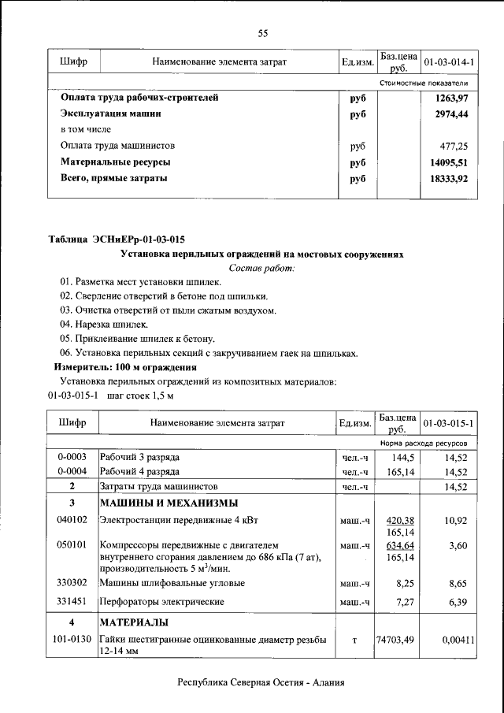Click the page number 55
(x=263, y=32)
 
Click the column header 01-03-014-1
(x=448, y=61)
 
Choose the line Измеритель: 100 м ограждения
(x=124, y=367)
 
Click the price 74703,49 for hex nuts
(x=395, y=641)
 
